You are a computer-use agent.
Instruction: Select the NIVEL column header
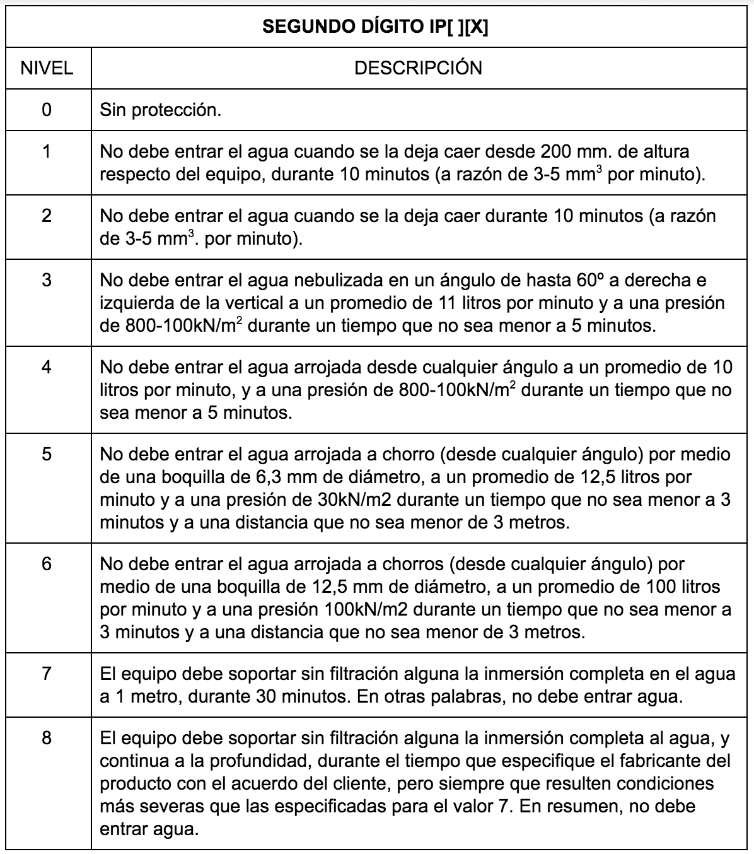pos(47,68)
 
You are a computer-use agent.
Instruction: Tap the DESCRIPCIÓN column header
pos(418,68)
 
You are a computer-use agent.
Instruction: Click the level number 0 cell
pos(47,110)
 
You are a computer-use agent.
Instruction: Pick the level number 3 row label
pos(47,279)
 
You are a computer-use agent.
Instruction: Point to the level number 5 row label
pos(47,454)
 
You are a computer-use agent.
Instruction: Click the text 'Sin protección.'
pos(161,110)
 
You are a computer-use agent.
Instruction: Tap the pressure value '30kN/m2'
pos(354,500)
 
